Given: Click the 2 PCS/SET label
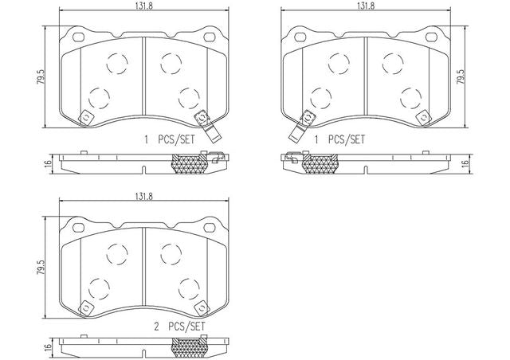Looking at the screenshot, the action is (179, 327).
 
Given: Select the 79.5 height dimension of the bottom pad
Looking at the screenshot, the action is (41, 268).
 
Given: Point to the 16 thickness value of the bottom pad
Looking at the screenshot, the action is (49, 347).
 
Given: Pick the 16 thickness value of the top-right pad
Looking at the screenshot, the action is (466, 162).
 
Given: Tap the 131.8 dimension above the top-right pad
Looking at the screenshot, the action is (366, 6).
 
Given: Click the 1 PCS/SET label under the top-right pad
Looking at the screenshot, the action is (339, 140).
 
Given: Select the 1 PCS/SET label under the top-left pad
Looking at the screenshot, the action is (170, 140).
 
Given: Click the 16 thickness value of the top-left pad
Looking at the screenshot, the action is (49, 162).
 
